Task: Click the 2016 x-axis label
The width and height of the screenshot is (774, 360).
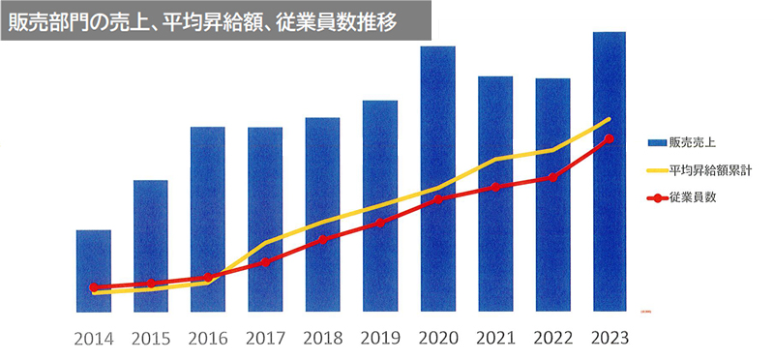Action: (208, 340)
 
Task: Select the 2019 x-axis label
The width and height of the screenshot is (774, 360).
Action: (380, 340)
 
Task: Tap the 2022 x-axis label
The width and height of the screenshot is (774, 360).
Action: (552, 340)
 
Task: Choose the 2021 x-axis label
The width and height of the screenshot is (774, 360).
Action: (495, 340)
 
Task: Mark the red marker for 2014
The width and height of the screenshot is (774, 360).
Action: (94, 287)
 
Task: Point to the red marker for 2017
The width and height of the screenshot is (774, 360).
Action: (266, 262)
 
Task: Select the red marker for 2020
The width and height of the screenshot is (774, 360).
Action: (437, 199)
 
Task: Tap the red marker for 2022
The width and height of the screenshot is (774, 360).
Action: (552, 177)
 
